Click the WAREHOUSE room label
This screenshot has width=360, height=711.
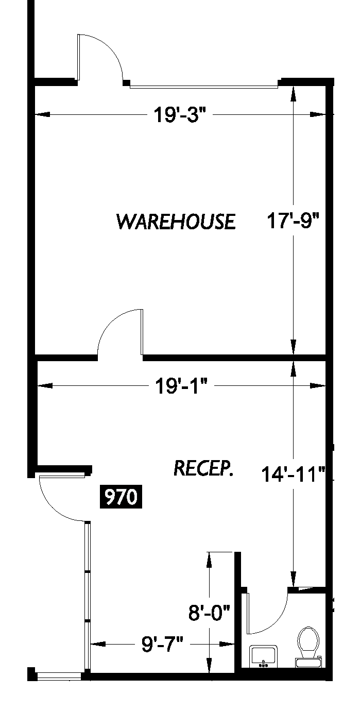pyautogui.click(x=176, y=221)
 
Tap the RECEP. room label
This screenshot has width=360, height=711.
pyautogui.click(x=203, y=468)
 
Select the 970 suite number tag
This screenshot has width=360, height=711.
pyautogui.click(x=121, y=497)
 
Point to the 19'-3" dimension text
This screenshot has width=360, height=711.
pyautogui.click(x=180, y=114)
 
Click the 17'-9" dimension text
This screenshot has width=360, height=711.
pyautogui.click(x=293, y=221)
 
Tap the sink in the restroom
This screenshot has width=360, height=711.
pyautogui.click(x=263, y=656)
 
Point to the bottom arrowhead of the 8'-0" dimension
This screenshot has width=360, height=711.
pyautogui.click(x=209, y=665)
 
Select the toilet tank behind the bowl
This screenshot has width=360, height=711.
pyautogui.click(x=308, y=663)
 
